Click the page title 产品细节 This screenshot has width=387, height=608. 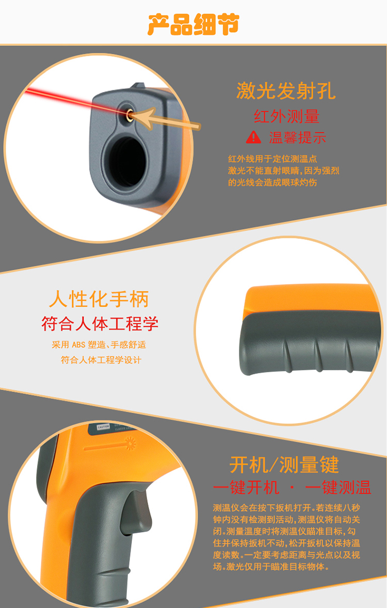[x=193, y=24]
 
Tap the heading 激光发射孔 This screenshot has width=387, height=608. [x=286, y=91]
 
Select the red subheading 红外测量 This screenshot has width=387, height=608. [x=286, y=116]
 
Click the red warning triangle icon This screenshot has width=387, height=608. [x=253, y=137]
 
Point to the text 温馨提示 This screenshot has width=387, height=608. [x=298, y=138]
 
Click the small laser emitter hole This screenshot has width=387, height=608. [x=130, y=114]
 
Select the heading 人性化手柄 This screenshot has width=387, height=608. [x=99, y=299]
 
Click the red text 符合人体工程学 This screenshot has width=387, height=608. [x=100, y=324]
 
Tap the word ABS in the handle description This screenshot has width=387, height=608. [x=78, y=345]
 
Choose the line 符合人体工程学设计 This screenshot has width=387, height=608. [x=101, y=360]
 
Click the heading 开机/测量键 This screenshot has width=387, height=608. [x=284, y=464]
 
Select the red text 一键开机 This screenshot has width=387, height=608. [x=246, y=488]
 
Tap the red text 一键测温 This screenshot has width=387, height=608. [x=338, y=488]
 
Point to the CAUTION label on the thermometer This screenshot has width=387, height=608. [x=103, y=427]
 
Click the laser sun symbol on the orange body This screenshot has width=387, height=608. [x=131, y=443]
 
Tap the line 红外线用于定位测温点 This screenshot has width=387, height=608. [x=272, y=159]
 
